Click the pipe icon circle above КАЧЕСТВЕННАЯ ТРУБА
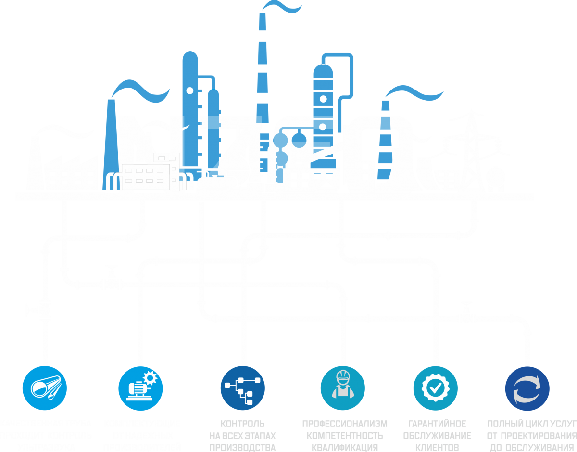click(x=45, y=387)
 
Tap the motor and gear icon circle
click(x=141, y=387)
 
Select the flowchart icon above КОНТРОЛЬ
click(x=243, y=387)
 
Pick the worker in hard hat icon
click(x=343, y=387)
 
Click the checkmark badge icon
click(x=435, y=387)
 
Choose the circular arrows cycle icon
click(x=527, y=387)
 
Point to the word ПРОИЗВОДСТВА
click(x=242, y=447)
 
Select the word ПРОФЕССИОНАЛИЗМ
click(x=345, y=424)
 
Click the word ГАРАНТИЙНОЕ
click(x=438, y=424)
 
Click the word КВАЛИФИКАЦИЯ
click(x=345, y=447)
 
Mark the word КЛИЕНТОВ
click(x=438, y=447)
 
